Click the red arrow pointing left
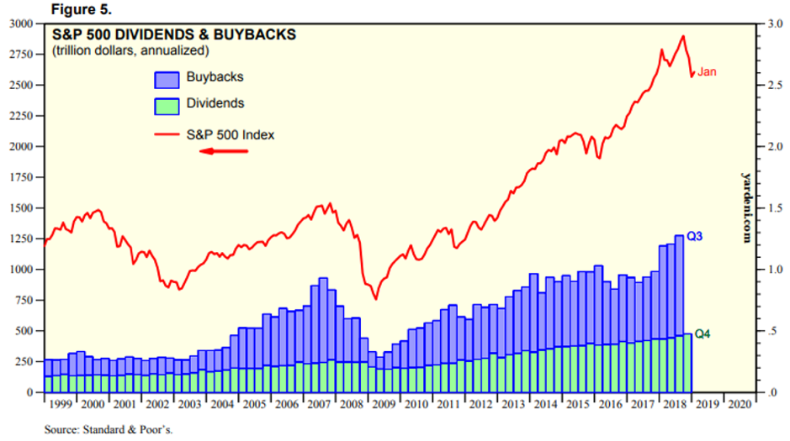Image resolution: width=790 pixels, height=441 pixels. coord(223,151)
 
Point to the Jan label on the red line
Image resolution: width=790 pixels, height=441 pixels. coord(707,72)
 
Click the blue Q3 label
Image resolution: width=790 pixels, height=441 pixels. coord(694,237)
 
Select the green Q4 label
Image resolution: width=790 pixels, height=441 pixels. coord(703,333)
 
